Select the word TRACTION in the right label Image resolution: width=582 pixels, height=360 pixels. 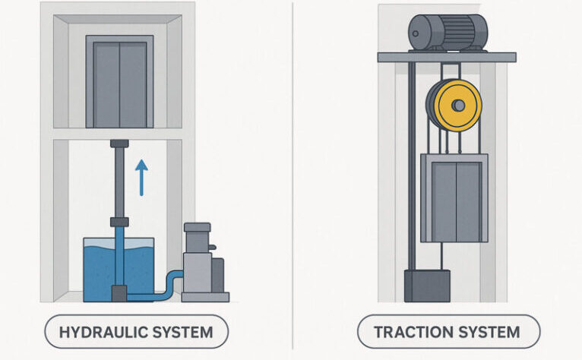[x=411, y=332]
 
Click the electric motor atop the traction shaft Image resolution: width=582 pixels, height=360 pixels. [x=447, y=32]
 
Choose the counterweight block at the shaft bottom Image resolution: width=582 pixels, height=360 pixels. [x=426, y=286]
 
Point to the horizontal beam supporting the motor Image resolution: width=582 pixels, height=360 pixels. [x=447, y=57]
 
